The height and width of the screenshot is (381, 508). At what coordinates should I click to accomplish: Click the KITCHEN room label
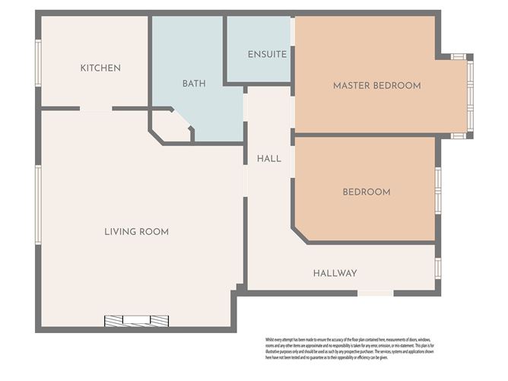click(x=100, y=68)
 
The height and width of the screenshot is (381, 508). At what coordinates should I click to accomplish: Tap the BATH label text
click(x=194, y=84)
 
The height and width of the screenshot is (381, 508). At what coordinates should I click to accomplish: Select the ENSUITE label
click(x=267, y=55)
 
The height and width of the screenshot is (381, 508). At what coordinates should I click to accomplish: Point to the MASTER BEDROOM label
click(x=376, y=86)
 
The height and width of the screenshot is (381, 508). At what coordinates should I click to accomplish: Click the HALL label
click(x=268, y=159)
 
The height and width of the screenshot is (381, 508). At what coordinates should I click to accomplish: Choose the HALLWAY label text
click(x=335, y=273)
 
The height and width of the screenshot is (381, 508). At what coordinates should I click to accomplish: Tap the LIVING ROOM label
click(x=136, y=231)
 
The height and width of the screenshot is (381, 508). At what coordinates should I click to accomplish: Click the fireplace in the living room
click(x=136, y=320)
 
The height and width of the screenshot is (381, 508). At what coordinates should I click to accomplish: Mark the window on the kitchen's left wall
click(x=38, y=62)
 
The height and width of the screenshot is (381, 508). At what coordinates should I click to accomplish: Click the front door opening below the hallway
click(x=376, y=293)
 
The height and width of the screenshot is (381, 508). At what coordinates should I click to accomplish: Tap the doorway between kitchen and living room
click(x=96, y=110)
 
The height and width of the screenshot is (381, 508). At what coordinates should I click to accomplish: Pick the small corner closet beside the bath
click(x=171, y=127)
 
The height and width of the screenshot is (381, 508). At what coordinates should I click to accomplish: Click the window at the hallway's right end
click(x=438, y=268)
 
